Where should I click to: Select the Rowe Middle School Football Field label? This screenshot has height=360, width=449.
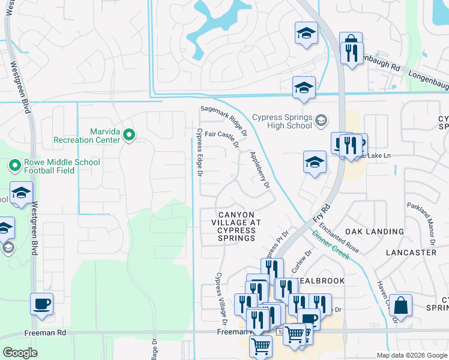click(x=53, y=166)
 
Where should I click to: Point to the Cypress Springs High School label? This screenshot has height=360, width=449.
click(x=282, y=121)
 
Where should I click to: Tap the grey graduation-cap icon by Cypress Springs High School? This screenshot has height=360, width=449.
click(x=322, y=121)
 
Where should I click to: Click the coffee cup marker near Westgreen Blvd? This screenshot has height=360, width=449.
click(x=41, y=304)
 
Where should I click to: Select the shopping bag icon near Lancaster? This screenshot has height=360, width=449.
click(x=400, y=305)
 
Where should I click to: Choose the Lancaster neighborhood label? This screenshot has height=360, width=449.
click(x=411, y=253)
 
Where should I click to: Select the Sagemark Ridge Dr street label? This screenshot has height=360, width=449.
click(x=223, y=119)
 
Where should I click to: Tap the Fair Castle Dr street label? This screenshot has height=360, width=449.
click(x=222, y=139)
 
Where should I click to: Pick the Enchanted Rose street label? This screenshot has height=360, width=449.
click(x=339, y=238)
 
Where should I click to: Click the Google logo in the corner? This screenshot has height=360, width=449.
click(x=20, y=353)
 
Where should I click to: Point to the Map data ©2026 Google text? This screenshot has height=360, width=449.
click(x=411, y=355)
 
